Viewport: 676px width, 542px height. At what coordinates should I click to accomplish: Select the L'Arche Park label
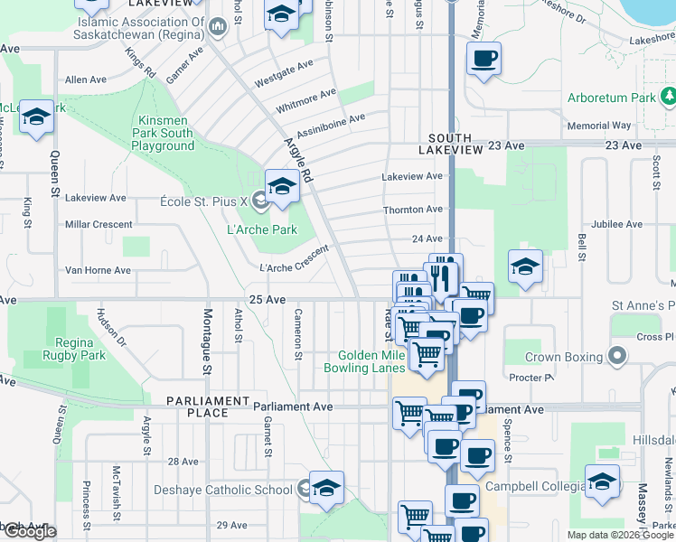(261, 229)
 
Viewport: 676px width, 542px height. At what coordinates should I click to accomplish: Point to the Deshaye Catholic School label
(230, 491)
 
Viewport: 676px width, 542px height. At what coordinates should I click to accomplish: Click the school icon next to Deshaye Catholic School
(326, 486)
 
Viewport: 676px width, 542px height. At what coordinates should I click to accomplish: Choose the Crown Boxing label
(564, 357)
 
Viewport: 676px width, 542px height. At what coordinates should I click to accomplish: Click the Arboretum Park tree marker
(668, 96)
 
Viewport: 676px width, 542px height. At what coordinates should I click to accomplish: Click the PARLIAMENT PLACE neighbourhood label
(208, 406)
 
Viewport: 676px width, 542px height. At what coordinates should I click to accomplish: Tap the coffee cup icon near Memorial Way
(484, 59)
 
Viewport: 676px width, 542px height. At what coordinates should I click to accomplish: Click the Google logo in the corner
(29, 532)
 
